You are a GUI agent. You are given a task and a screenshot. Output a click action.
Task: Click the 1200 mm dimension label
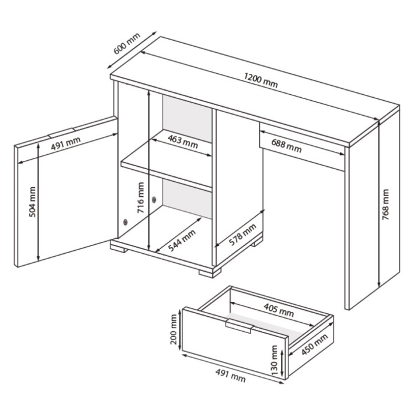[x=260, y=80]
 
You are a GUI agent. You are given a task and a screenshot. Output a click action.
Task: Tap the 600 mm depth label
[x=127, y=44]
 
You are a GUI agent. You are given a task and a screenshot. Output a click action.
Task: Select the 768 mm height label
[x=385, y=205]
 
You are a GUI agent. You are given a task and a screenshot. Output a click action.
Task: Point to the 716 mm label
[x=140, y=197]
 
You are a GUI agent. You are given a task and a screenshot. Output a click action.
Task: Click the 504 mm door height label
[x=32, y=202]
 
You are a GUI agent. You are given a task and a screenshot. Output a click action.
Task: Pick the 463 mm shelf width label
[x=183, y=142]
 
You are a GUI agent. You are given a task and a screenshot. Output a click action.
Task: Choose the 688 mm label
[x=286, y=146]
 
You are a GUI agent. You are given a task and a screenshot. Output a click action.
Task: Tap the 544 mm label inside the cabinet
[x=182, y=240]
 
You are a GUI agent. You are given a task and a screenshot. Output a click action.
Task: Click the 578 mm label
[x=242, y=235]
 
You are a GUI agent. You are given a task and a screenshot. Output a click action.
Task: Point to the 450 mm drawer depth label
[x=314, y=344]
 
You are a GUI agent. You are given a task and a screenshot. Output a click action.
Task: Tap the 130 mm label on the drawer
[x=274, y=360]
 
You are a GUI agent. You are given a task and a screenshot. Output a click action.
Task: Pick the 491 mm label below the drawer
[x=230, y=375]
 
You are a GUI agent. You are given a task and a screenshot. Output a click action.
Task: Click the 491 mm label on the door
[x=65, y=143]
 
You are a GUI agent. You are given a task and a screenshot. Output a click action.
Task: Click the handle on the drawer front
[x=239, y=326]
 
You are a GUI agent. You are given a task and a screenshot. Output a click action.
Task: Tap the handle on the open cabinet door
[x=61, y=133]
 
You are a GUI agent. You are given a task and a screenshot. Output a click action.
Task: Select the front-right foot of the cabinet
[x=210, y=273]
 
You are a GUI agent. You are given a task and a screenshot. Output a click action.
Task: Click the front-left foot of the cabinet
[x=119, y=250]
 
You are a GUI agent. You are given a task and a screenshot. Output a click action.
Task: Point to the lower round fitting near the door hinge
[x=125, y=222]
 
